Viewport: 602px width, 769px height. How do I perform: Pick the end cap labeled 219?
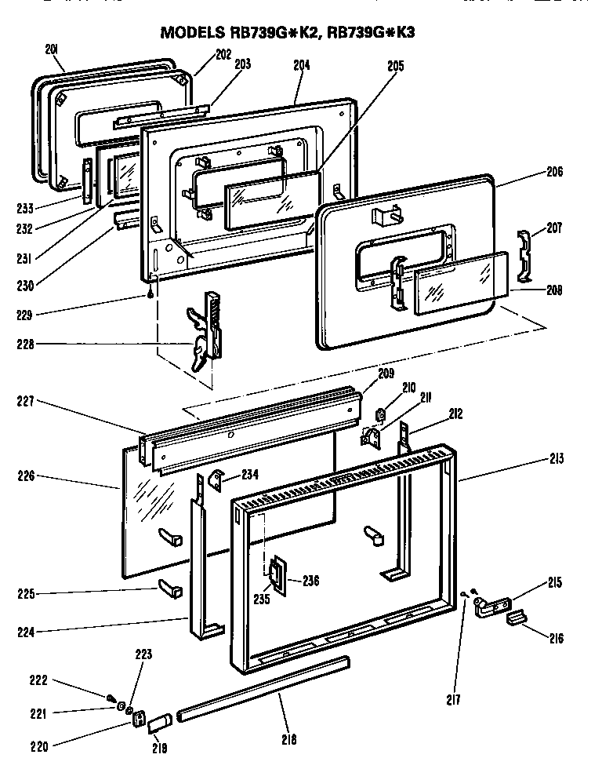pyautogui.click(x=160, y=721)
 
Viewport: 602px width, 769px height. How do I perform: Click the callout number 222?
pyautogui.click(x=38, y=680)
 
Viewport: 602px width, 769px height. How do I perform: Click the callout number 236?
pyautogui.click(x=311, y=581)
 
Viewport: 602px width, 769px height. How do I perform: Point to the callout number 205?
pyautogui.click(x=394, y=67)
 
